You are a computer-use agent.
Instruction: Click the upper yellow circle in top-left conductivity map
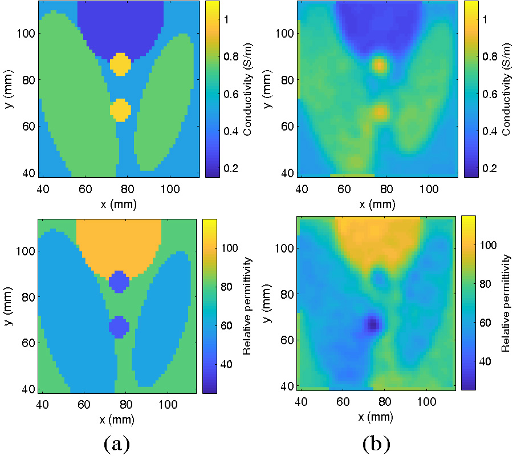click(x=120, y=64)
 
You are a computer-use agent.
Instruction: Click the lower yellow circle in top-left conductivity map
click(x=120, y=109)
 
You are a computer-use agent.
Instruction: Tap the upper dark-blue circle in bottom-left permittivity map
click(x=120, y=281)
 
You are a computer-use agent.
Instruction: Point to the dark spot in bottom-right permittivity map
click(x=373, y=324)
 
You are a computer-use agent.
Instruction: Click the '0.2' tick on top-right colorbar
click(x=488, y=168)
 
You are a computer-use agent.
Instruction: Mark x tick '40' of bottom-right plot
click(x=302, y=402)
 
